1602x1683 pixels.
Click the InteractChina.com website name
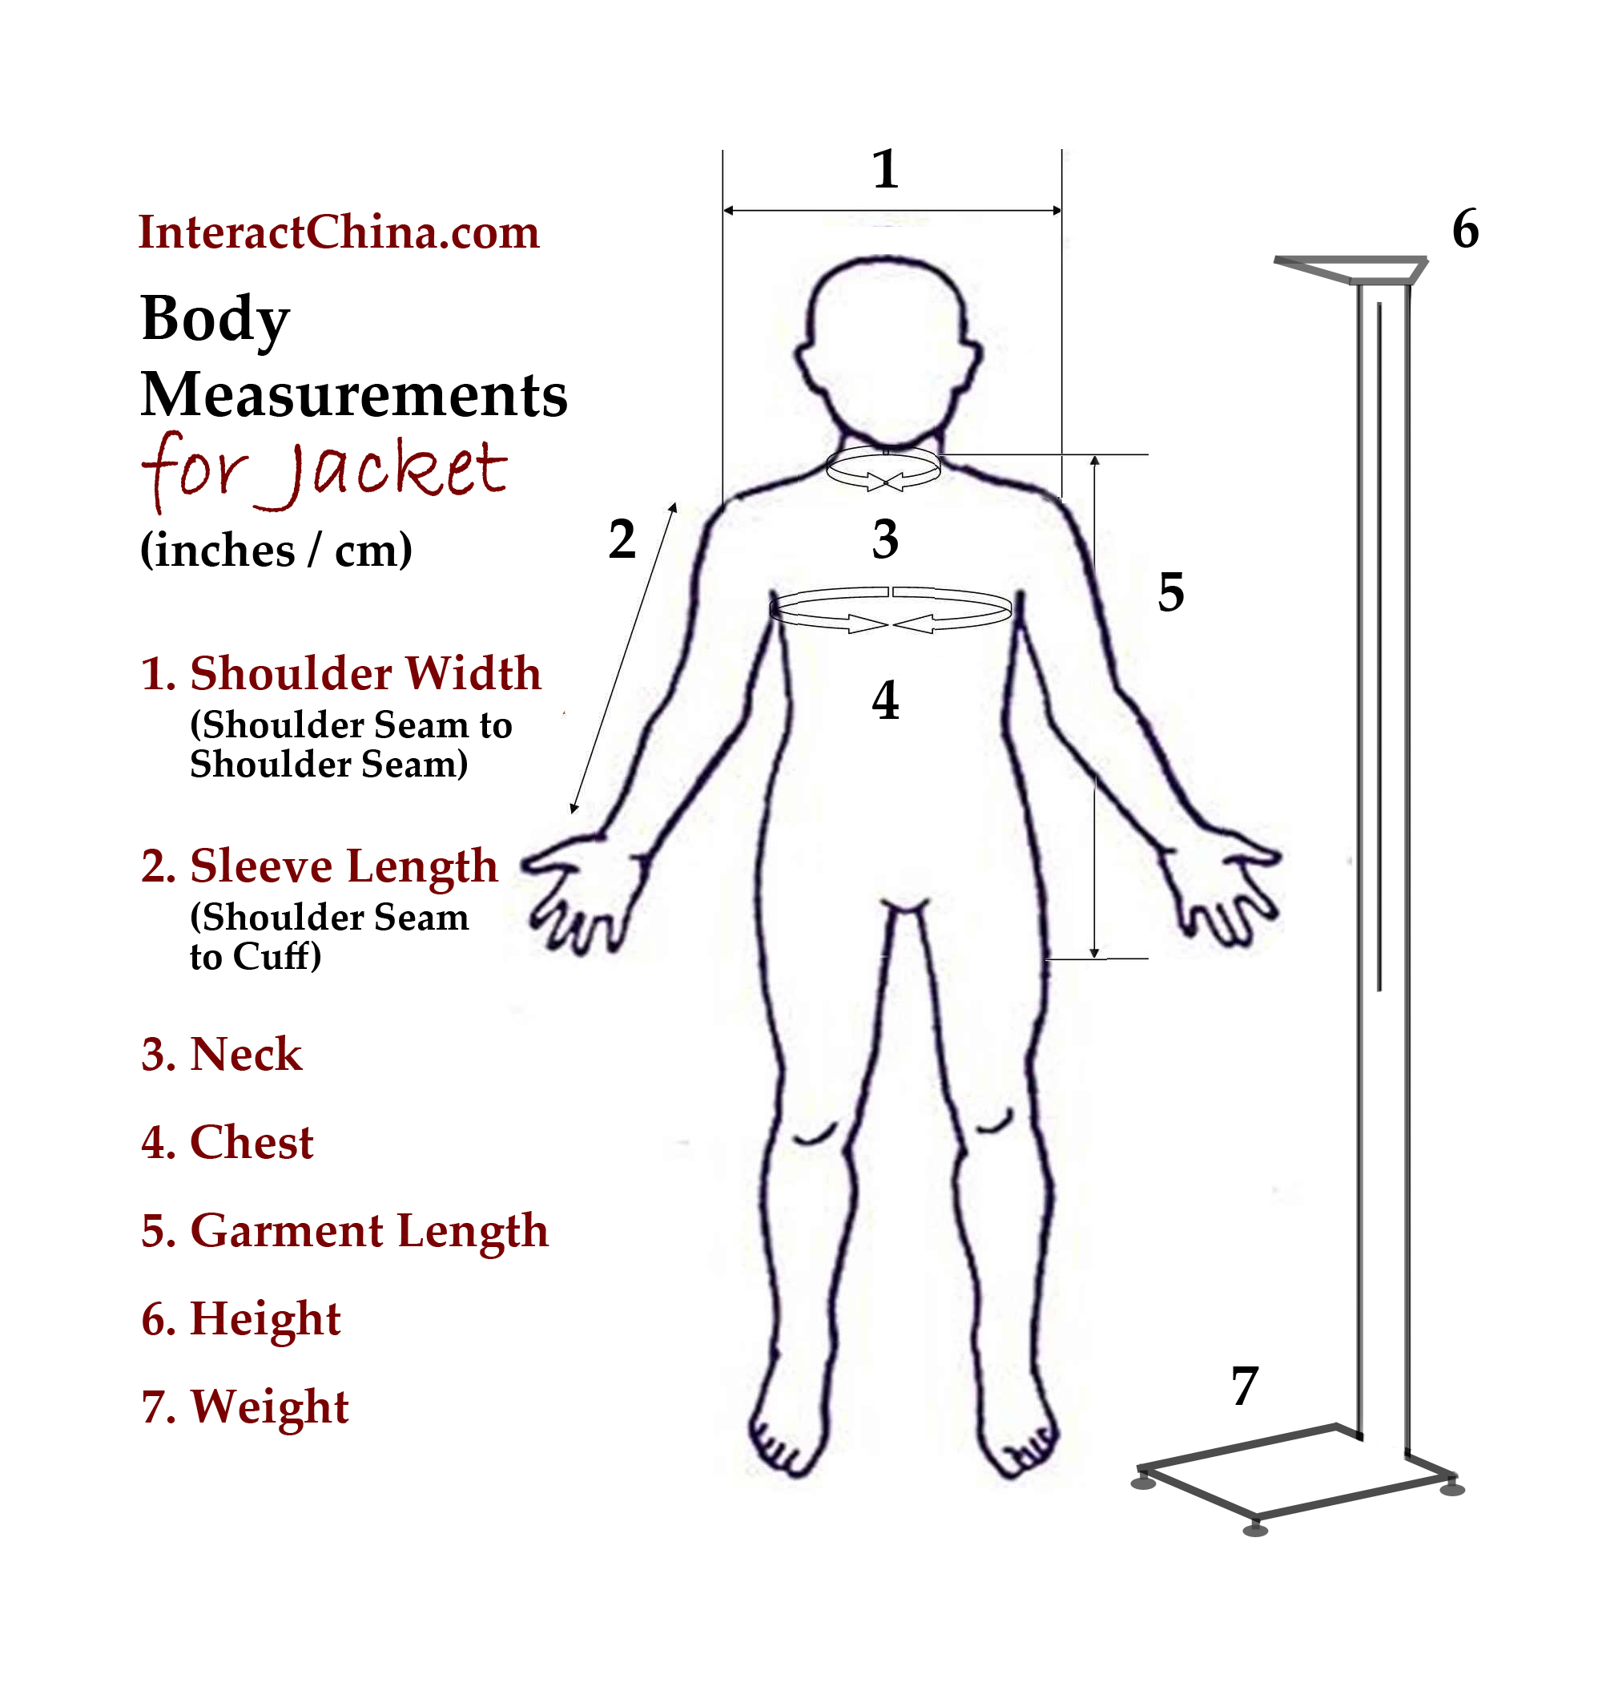[339, 232]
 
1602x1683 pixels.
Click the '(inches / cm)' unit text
[276, 549]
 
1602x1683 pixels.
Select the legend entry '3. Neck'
[221, 1053]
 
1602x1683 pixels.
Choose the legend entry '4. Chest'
[227, 1142]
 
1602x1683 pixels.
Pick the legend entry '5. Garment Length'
[344, 1232]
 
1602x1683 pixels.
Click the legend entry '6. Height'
[241, 1320]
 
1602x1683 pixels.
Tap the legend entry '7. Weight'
[245, 1407]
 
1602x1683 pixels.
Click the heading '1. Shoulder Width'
[340, 673]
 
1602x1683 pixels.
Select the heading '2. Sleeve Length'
[320, 866]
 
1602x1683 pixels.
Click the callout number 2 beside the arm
[622, 539]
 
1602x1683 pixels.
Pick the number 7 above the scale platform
[1245, 1385]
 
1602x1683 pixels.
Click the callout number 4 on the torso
[886, 700]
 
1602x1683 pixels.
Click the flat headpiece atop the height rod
[1351, 268]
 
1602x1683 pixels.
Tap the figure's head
[888, 350]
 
